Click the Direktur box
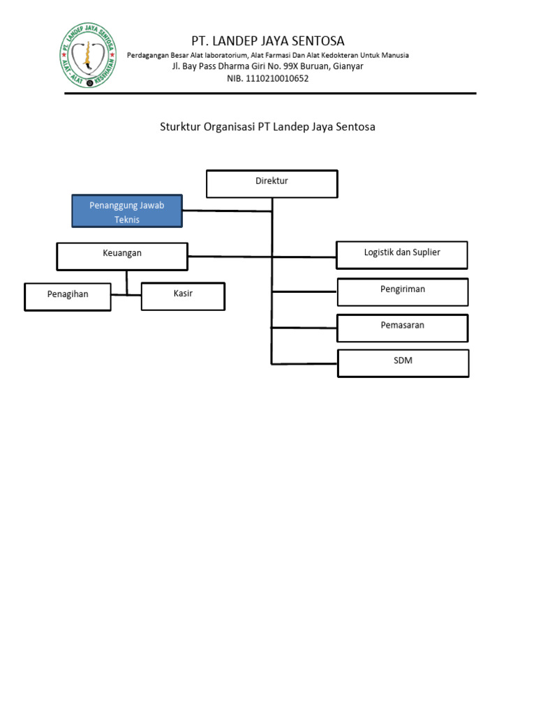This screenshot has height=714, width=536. pos(271,183)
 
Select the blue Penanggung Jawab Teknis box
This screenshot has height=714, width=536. pos(126,211)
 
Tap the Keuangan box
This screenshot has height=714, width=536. pos(121,256)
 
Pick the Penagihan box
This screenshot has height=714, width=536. pos(68,296)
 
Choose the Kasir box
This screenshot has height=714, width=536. pos(183,296)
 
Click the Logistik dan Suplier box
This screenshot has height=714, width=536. pos(401,255)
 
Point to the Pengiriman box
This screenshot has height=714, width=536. pos(402,291)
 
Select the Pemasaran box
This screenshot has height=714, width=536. pos(402,328)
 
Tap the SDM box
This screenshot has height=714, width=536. pos(403,363)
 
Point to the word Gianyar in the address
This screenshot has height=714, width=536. pos(347,66)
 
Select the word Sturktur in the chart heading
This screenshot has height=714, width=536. pos(180,127)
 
